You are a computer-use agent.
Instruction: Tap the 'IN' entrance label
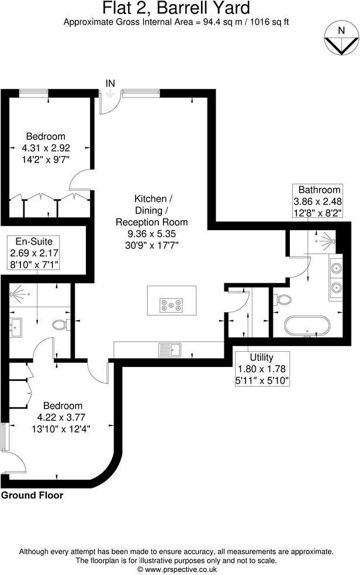110,84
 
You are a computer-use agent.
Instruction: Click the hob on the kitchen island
171,304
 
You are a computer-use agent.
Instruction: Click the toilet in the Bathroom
283,300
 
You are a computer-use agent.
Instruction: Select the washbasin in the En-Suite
15,325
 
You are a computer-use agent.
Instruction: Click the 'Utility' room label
261,357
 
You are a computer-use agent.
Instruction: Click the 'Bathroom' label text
319,190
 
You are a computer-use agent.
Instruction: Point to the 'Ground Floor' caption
32,496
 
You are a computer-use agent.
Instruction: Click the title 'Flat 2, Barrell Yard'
176,9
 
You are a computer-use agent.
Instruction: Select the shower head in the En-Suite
17,290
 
